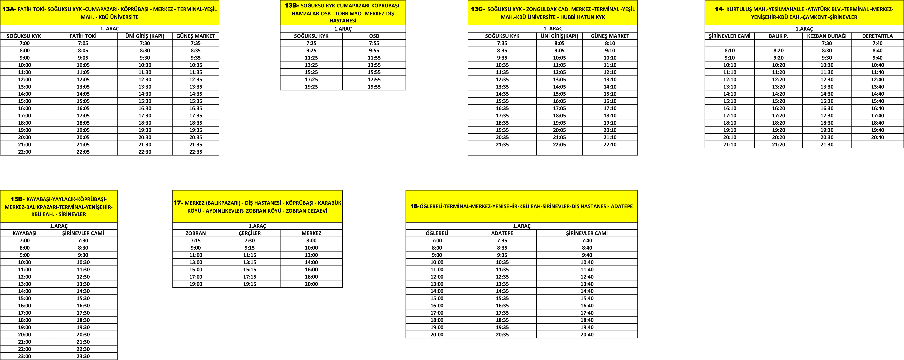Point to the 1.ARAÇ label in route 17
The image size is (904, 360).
tap(257, 226)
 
